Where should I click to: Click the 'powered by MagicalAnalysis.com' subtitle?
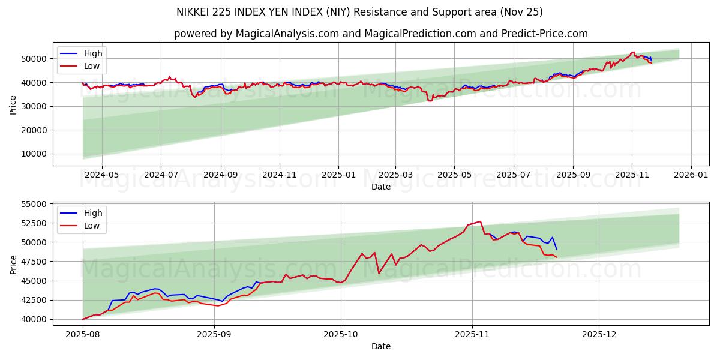click(381, 34)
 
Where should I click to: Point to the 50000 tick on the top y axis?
click(34, 59)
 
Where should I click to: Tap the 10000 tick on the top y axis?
click(34, 154)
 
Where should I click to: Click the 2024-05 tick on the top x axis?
click(101, 174)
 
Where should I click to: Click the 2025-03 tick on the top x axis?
click(395, 174)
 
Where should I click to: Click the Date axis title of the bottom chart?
click(381, 346)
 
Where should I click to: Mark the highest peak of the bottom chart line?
click(480, 221)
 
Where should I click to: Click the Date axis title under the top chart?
click(381, 187)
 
